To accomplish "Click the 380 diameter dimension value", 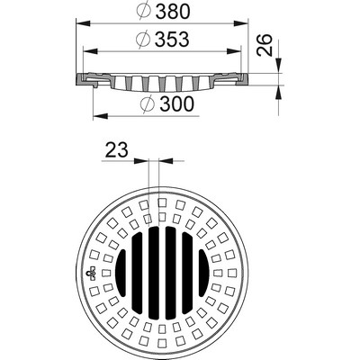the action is [174, 12].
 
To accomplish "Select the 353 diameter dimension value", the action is [172, 40].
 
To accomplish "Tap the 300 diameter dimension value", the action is [177, 103].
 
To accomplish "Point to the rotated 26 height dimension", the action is [265, 45].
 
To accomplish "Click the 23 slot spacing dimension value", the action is [116, 149].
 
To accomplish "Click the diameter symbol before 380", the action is [144, 11].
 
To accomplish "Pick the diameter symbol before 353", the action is [142, 40].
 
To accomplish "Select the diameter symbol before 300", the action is [148, 103].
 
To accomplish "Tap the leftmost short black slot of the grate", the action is [121, 273].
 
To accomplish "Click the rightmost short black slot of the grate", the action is [203, 273].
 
